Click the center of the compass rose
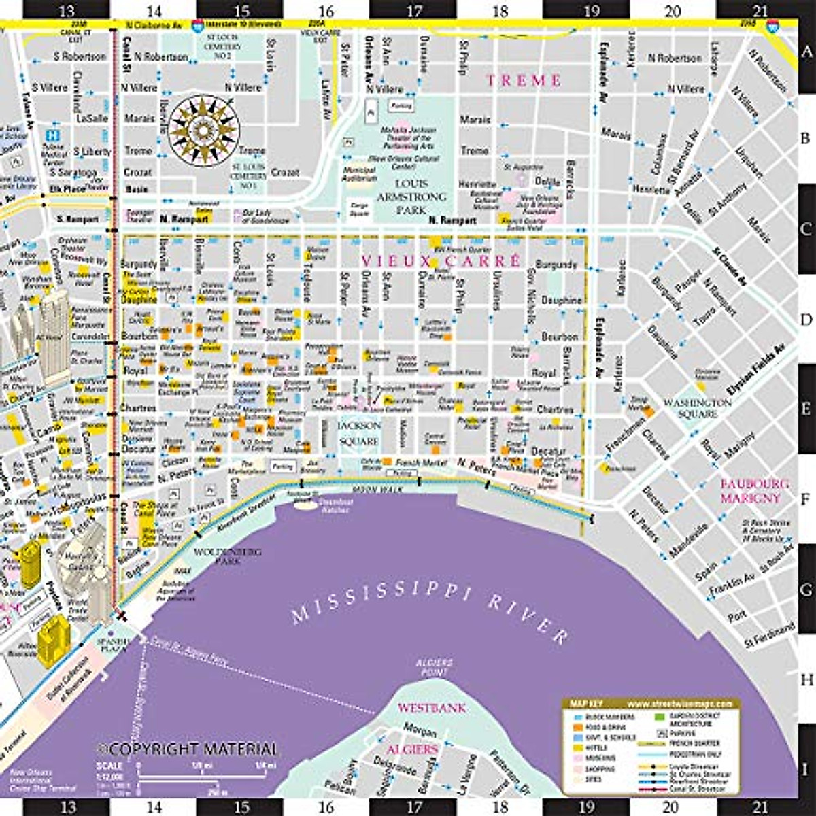click(203, 129)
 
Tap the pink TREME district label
click(524, 80)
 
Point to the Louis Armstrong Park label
click(411, 197)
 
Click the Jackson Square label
click(359, 433)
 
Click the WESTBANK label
click(432, 708)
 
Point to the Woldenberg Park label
click(228, 557)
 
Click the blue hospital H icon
click(52, 135)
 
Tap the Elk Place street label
click(63, 189)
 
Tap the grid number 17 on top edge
click(413, 12)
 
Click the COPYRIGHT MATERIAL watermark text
click(188, 749)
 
